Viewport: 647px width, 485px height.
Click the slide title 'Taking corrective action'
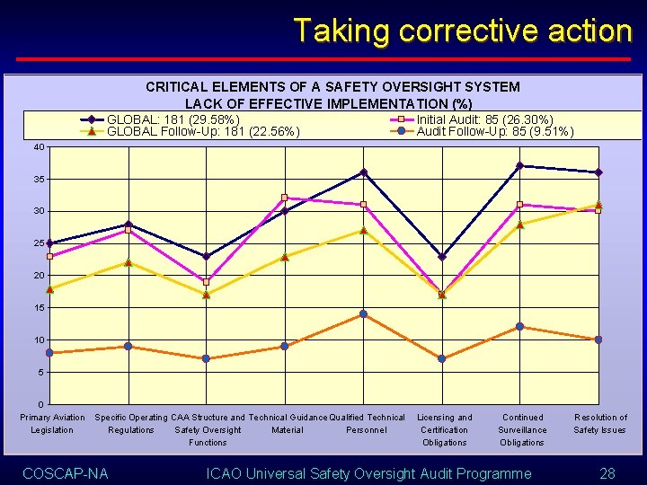pyautogui.click(x=462, y=31)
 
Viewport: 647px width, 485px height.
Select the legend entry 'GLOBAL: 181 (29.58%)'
pyautogui.click(x=173, y=119)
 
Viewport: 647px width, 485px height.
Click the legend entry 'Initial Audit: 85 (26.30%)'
pyautogui.click(x=484, y=119)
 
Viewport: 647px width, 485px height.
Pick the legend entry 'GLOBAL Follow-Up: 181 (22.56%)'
pyautogui.click(x=202, y=132)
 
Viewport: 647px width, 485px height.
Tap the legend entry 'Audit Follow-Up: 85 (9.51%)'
pyautogui.click(x=494, y=132)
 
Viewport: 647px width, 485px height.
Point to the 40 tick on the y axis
pyautogui.click(x=39, y=147)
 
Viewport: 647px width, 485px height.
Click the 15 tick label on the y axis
pyautogui.click(x=39, y=308)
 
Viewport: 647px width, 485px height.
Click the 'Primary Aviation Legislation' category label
pyautogui.click(x=52, y=423)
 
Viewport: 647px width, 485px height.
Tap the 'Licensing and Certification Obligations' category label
pyautogui.click(x=445, y=429)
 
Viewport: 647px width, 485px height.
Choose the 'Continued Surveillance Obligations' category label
pyautogui.click(x=522, y=429)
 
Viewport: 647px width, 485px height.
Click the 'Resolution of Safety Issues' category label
pyautogui.click(x=600, y=423)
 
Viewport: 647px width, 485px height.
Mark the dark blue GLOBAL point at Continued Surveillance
pyautogui.click(x=519, y=165)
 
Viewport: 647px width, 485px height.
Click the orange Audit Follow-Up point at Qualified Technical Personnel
pyautogui.click(x=363, y=314)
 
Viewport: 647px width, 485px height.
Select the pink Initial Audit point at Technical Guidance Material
pyautogui.click(x=284, y=198)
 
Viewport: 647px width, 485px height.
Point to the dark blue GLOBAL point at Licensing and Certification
pyautogui.click(x=441, y=257)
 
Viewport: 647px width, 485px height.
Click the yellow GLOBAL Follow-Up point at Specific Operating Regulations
pyautogui.click(x=128, y=262)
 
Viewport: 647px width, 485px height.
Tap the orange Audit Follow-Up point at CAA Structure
pyautogui.click(x=206, y=358)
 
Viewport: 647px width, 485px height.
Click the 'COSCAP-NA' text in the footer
pyautogui.click(x=65, y=473)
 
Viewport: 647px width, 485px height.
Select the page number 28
pyautogui.click(x=607, y=473)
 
